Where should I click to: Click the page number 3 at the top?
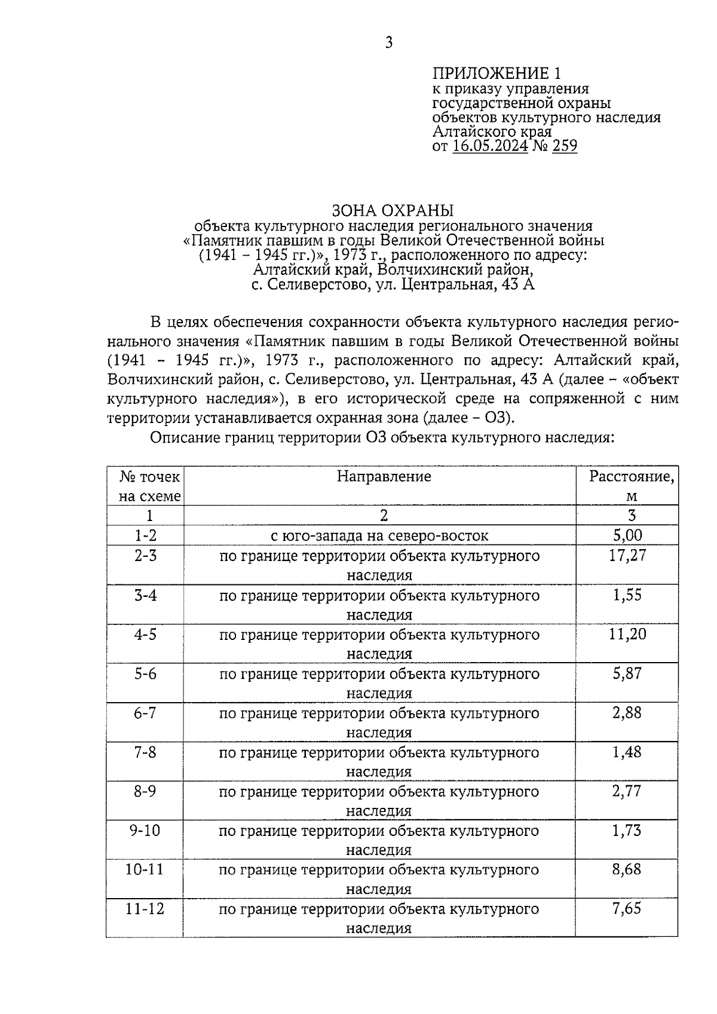point(389,42)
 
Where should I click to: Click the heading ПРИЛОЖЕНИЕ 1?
point(497,73)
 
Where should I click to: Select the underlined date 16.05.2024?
point(490,146)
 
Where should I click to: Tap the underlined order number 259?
point(565,146)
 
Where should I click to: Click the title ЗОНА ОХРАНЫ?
point(393,211)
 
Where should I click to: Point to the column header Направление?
point(384,476)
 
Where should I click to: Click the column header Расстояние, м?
point(632,486)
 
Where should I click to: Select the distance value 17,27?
point(627,556)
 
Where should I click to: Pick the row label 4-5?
point(145,634)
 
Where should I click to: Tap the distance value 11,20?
point(627,634)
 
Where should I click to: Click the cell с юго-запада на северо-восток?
point(379,535)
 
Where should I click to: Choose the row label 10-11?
point(145,869)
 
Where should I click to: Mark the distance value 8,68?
point(627,869)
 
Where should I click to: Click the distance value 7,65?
point(627,909)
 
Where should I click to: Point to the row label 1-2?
point(145,535)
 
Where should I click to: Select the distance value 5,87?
point(627,673)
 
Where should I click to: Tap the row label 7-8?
point(145,752)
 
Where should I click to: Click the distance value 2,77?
point(627,791)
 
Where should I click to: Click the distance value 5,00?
point(627,535)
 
